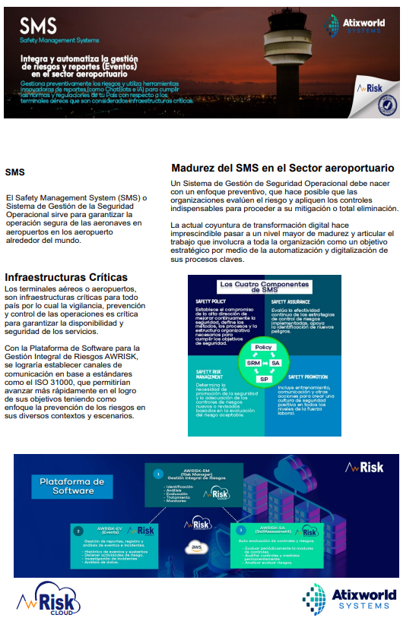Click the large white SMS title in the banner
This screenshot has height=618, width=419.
pos(39,27)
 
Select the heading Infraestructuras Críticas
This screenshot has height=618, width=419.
pos(66,277)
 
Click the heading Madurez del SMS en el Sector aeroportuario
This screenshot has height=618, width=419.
pos(282,168)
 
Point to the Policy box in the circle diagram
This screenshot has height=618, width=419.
pos(264,347)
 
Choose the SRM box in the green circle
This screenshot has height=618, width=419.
pos(253,363)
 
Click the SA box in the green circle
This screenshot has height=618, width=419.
pos(275,363)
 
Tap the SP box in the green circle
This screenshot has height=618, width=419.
pos(264,378)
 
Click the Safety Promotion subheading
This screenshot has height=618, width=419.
pos(308,377)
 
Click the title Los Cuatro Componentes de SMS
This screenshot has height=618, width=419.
pos(264,287)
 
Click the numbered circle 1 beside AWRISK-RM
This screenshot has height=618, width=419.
pos(158,474)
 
